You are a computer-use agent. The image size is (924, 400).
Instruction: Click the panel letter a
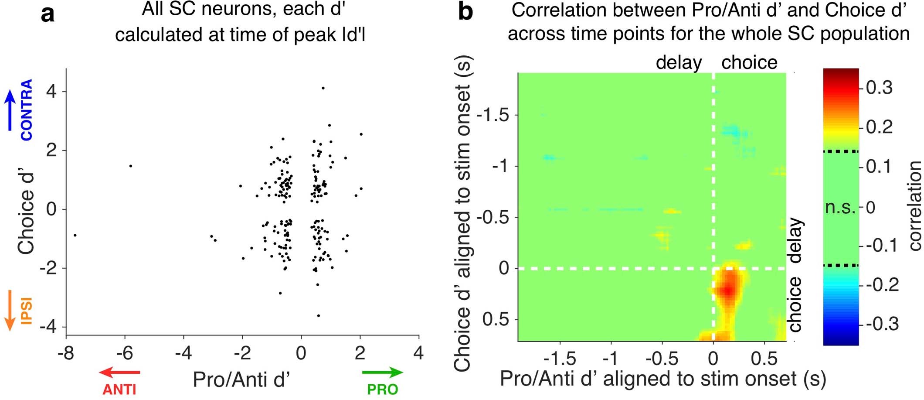click(x=48, y=14)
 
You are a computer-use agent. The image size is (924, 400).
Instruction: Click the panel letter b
click(x=465, y=12)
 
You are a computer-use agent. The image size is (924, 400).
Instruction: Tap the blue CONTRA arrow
click(x=10, y=110)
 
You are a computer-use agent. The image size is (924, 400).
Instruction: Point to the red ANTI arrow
click(x=119, y=372)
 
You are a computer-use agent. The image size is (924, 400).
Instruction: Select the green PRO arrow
click(x=382, y=372)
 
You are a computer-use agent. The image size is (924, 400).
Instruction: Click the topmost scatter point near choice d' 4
click(x=323, y=88)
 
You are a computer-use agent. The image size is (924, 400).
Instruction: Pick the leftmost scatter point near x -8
click(x=75, y=235)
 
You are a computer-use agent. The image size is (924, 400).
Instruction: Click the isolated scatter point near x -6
click(x=130, y=166)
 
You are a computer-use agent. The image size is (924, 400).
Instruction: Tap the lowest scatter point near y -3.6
click(x=318, y=315)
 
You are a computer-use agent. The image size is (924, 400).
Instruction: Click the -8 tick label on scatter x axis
click(x=66, y=353)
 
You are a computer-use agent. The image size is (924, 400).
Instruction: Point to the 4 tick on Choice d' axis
click(x=51, y=92)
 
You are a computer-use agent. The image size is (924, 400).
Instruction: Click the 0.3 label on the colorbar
click(x=879, y=88)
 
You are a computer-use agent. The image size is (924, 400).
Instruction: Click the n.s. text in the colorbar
click(x=840, y=208)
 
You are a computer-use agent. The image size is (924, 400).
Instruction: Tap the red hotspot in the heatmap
click(x=727, y=289)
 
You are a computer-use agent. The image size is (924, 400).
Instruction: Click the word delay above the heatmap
click(x=679, y=62)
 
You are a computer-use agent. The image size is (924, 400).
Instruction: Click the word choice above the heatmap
click(x=749, y=62)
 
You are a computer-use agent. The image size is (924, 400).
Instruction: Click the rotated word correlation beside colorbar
click(x=914, y=205)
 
